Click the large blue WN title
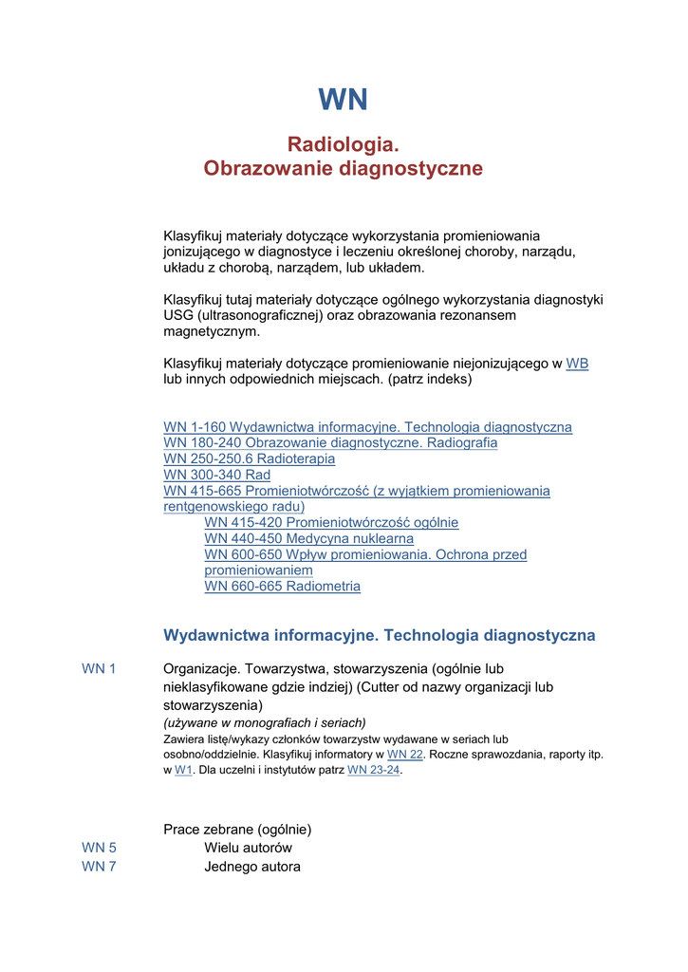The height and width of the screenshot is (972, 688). tap(343, 100)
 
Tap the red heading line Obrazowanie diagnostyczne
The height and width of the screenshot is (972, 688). tap(343, 169)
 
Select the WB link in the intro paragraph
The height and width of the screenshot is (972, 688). tap(577, 364)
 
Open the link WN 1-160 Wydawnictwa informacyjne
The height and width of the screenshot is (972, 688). tap(367, 427)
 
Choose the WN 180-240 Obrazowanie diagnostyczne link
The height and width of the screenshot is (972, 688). tap(330, 443)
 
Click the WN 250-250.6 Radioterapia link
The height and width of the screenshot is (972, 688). tap(249, 459)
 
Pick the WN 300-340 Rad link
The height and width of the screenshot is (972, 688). tap(216, 475)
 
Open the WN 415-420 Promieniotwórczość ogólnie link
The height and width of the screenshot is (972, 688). tap(331, 523)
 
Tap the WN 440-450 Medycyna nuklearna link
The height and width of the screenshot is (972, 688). tap(308, 539)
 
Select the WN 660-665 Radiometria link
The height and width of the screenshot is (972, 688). tap(282, 587)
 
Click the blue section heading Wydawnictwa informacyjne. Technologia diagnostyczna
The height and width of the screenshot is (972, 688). tap(379, 635)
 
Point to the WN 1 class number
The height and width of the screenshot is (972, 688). tap(99, 669)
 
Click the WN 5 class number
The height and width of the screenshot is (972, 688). tap(99, 848)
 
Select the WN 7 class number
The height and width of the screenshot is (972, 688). tap(99, 867)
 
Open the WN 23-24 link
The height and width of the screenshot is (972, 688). tap(373, 770)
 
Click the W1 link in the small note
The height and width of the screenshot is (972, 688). tap(183, 770)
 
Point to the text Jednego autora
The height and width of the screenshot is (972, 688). tap(251, 867)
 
